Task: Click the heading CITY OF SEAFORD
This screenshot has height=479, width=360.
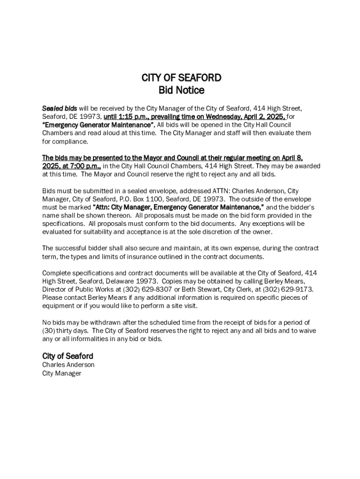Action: click(x=181, y=78)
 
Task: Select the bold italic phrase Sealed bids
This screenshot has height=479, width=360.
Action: click(x=60, y=109)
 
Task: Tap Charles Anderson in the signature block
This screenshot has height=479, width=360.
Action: click(x=68, y=364)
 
